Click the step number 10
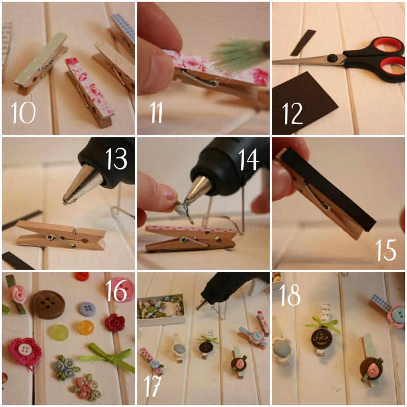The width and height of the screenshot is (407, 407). click(23, 112)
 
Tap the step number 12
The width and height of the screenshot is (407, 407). click(292, 113)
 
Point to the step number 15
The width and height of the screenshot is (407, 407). click(386, 250)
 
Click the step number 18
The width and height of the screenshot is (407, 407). click(290, 295)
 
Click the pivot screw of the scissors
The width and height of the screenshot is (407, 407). click(332, 58)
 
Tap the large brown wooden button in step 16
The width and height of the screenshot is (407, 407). click(47, 304)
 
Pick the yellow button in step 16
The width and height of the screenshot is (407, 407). click(86, 328)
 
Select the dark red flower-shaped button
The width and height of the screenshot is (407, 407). click(115, 323)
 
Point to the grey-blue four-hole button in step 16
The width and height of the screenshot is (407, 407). click(87, 309)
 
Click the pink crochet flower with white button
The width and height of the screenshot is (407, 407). click(24, 352)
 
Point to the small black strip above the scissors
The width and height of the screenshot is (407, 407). click(303, 43)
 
